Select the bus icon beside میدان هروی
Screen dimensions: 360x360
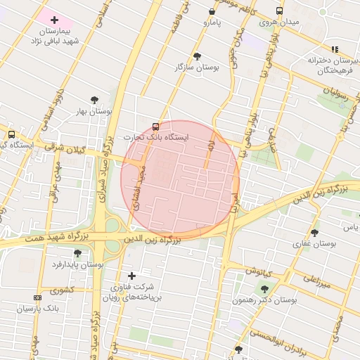[280, 11]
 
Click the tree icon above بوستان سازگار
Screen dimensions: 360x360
[197, 56]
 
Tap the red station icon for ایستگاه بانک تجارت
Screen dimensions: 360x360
[155, 127]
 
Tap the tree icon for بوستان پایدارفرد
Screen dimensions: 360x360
[77, 253]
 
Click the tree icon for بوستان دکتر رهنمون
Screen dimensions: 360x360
[264, 288]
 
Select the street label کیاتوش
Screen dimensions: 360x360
[259, 270]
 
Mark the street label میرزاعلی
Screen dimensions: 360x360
[315, 282]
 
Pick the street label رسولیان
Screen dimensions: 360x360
[336, 91]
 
